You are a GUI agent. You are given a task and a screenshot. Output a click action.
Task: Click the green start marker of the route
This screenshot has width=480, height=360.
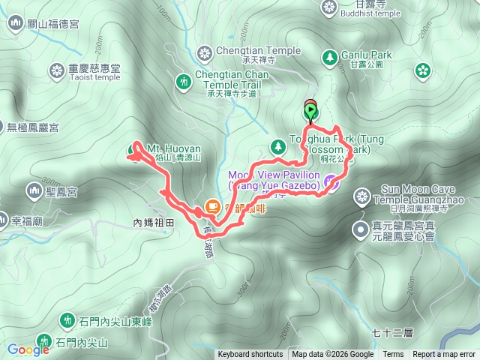tap(310, 112)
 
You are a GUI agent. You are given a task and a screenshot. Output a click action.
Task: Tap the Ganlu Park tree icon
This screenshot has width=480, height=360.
tap(329, 56)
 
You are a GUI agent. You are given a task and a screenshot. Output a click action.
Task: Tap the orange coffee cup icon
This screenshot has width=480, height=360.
tap(212, 207)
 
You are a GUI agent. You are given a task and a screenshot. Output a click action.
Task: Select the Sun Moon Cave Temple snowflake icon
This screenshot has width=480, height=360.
tap(362, 198)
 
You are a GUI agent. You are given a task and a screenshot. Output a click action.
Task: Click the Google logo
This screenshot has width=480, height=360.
tap(28, 349)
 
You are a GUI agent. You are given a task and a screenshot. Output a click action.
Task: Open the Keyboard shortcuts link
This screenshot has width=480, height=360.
tap(250, 355)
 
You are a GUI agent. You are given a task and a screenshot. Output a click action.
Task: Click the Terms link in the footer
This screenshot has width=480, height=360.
tap(393, 355)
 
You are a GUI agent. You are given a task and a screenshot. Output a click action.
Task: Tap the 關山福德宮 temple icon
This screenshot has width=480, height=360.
tap(16, 23)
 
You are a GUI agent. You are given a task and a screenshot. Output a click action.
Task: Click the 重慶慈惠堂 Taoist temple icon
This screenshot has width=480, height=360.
tap(56, 71)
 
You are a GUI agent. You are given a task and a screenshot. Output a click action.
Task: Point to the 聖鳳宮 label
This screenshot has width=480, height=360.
tap(61, 193)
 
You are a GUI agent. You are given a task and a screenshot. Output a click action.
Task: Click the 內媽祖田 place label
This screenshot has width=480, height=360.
tap(153, 223)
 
